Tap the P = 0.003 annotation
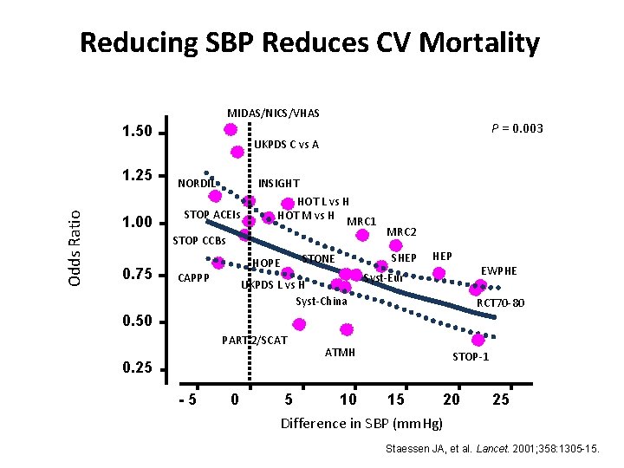[517, 128]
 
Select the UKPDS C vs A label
[285, 145]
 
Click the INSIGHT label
[278, 184]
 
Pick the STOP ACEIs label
[213, 214]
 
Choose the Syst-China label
[321, 302]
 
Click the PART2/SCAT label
[254, 340]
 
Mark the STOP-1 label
[471, 356]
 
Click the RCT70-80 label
[500, 303]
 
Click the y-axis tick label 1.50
[137, 133]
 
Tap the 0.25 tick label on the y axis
[137, 369]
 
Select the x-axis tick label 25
[500, 400]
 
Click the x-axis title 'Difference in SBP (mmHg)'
[361, 424]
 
